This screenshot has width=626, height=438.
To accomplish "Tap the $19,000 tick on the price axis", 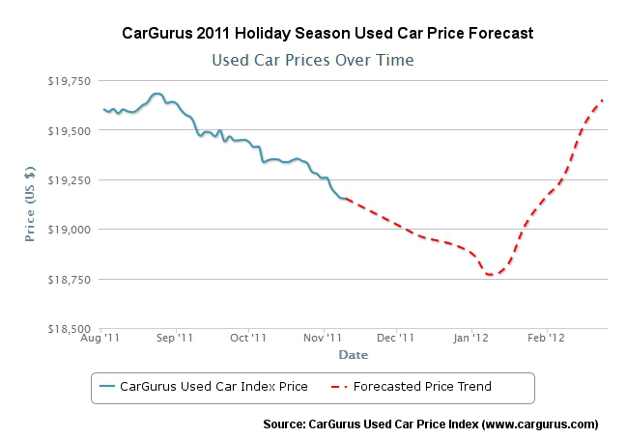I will click(71, 230).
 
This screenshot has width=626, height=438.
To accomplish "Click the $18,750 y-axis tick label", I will click(71, 280).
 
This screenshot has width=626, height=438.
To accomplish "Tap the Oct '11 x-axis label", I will click(248, 339).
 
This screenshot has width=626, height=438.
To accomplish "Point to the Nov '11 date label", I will click(323, 339).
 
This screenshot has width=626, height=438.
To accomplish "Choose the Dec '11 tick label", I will click(396, 339).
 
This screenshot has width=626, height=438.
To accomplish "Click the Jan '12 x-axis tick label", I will click(471, 339).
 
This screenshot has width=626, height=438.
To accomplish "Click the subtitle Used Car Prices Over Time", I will click(312, 60).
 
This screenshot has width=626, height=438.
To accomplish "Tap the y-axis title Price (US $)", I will click(30, 205).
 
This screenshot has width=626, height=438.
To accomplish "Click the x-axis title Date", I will click(353, 355).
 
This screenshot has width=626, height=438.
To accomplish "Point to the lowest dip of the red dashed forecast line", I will click(491, 275).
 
